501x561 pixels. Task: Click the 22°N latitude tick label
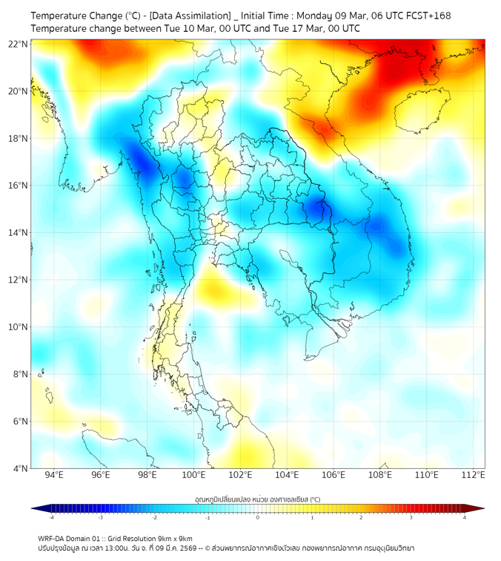click(x=19, y=44)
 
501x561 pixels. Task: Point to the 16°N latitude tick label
click(x=19, y=186)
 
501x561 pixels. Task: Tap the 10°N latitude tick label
click(x=19, y=327)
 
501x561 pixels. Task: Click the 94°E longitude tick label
click(x=54, y=476)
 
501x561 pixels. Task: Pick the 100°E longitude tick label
click(x=193, y=476)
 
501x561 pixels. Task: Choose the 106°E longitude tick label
click(x=334, y=476)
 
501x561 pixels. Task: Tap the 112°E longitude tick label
click(x=473, y=476)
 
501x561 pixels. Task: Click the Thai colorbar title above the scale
click(x=257, y=499)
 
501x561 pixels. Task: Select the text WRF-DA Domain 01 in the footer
click(x=69, y=538)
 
